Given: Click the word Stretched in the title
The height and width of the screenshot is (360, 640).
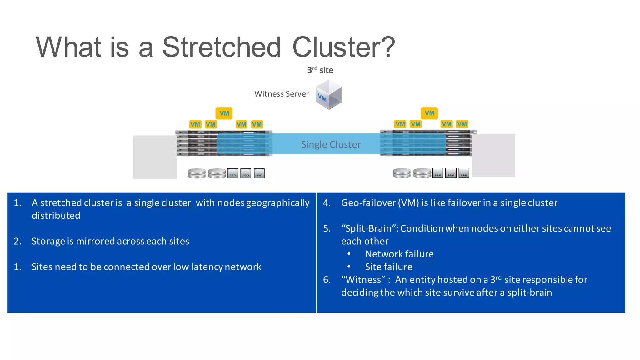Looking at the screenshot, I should coord(221,47).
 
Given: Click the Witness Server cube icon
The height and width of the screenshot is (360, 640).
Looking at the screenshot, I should coord(328,95).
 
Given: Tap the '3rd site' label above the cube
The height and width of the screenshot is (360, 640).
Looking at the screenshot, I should coord(320,70).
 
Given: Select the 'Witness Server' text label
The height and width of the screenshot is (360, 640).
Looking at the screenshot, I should coord(281,94).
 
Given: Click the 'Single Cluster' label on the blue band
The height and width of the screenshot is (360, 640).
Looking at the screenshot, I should coord(331,144).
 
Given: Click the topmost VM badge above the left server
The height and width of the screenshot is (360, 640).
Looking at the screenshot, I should coord(224,113).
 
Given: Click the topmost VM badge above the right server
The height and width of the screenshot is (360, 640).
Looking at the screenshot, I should coord(429,113).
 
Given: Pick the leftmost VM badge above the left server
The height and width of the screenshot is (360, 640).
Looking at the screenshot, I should coord(195,124).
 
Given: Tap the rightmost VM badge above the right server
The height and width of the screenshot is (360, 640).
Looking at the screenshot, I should coord(462,124).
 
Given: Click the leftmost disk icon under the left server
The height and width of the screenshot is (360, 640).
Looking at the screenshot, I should coord(197,173).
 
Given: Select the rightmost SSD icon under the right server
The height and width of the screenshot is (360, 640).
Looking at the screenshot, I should coord(464,173).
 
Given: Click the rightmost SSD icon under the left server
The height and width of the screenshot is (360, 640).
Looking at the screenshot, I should coord(259,173).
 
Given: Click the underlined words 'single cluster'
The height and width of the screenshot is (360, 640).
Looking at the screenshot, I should coord(163,203).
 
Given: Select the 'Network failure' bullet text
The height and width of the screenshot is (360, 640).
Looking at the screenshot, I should coord(399,254).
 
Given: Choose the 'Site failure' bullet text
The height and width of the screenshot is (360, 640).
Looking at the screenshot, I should coord(388,267).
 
